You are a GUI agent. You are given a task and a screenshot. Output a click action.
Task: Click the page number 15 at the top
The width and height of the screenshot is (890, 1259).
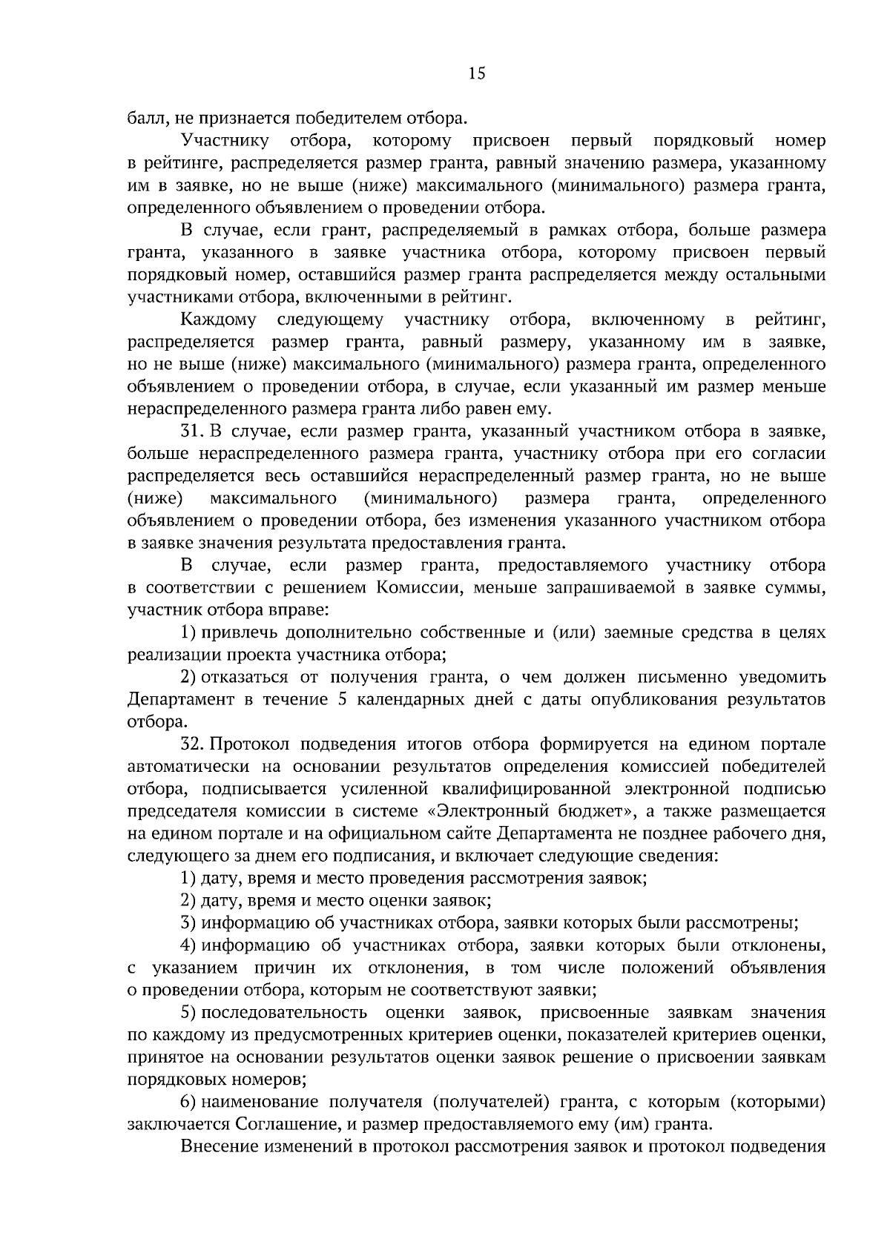coord(477,73)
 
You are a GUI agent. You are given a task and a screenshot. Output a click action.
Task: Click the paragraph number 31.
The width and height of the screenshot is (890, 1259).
coord(192,431)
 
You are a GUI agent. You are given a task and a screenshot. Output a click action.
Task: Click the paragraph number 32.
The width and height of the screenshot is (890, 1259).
coord(193,744)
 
